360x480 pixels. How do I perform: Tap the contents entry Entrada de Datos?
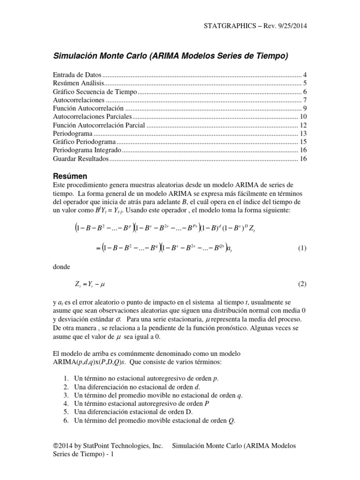click(77, 75)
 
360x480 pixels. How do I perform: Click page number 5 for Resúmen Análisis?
click(305, 83)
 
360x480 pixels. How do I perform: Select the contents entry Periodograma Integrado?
click(87, 150)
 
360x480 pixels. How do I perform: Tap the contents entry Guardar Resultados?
click(80, 159)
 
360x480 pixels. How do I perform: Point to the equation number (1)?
click(302, 248)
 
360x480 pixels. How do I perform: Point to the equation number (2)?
click(302, 284)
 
